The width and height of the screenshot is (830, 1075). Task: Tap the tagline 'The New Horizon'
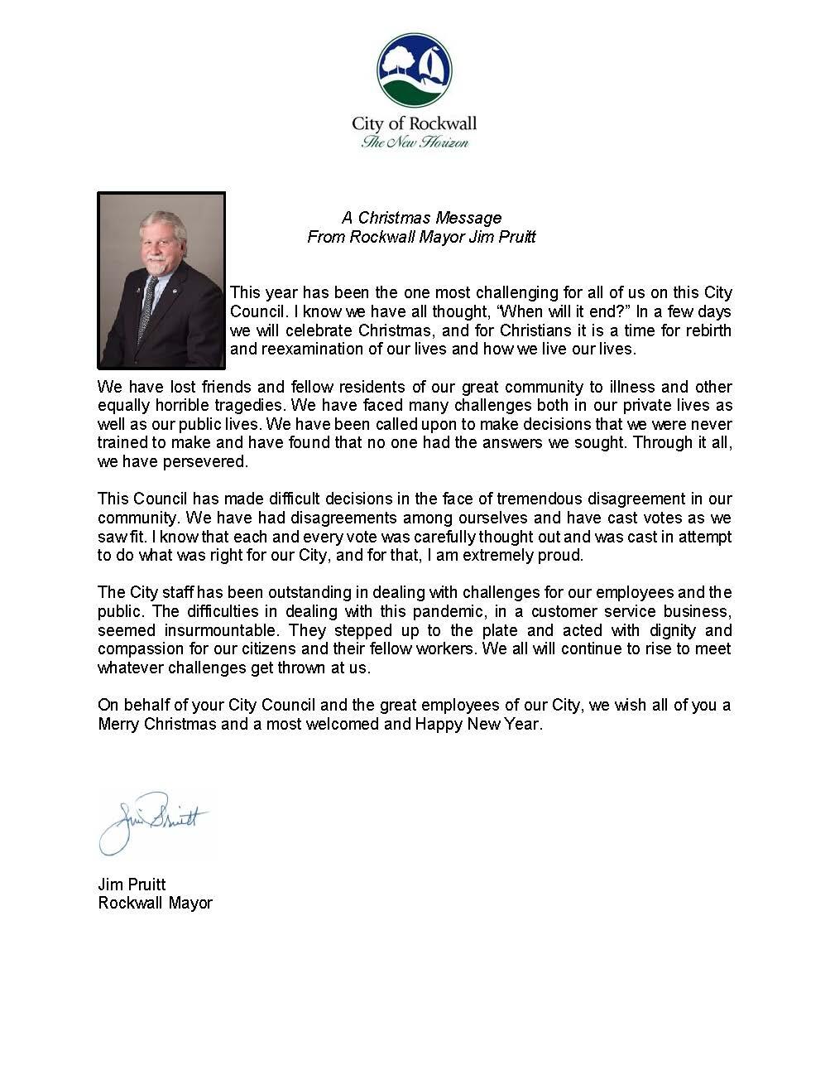pos(415,142)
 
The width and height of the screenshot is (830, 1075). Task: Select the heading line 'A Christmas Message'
pos(421,218)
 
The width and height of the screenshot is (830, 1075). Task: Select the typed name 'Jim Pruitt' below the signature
pos(132,885)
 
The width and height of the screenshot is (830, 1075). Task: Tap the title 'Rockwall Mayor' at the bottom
pos(155,903)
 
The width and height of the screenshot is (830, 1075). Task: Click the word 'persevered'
pos(206,462)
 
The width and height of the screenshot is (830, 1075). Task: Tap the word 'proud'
pos(562,556)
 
